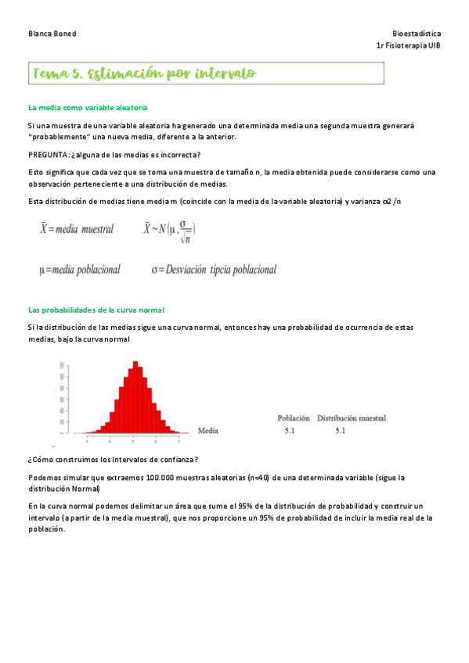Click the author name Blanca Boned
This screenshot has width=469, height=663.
pyautogui.click(x=52, y=34)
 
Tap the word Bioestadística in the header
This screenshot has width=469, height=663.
pyautogui.click(x=417, y=34)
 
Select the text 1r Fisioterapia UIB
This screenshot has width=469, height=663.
pyautogui.click(x=408, y=45)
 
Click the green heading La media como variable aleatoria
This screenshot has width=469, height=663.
pyautogui.click(x=88, y=107)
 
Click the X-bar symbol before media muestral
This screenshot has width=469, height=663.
pyautogui.click(x=44, y=229)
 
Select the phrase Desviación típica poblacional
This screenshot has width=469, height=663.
pyautogui.click(x=220, y=270)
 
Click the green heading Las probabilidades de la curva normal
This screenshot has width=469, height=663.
pyautogui.click(x=96, y=310)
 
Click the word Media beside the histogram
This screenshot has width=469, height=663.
pyautogui.click(x=208, y=430)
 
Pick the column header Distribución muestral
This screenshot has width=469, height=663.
pyautogui.click(x=352, y=418)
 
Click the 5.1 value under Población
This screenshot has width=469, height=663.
pyautogui.click(x=289, y=430)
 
